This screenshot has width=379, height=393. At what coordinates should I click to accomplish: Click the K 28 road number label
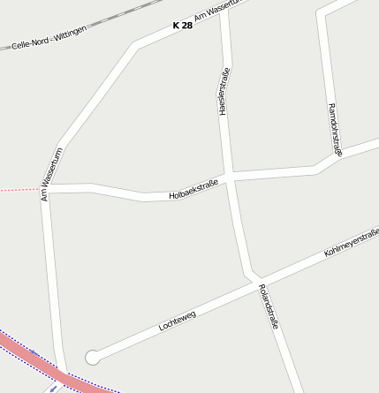tap(182, 26)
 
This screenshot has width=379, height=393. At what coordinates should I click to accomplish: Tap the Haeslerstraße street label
tap(224, 92)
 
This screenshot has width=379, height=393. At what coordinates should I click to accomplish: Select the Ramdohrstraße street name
tap(334, 129)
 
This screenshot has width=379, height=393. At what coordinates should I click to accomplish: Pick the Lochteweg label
tap(177, 321)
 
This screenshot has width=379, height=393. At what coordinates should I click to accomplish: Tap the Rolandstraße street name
tap(269, 306)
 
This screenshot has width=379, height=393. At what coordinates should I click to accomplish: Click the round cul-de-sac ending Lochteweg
tap(92, 357)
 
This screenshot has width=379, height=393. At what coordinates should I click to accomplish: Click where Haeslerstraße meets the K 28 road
tap(224, 11)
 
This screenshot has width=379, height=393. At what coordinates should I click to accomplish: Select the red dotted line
tap(18, 189)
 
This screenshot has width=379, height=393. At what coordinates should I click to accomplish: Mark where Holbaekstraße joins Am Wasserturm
tap(46, 188)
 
